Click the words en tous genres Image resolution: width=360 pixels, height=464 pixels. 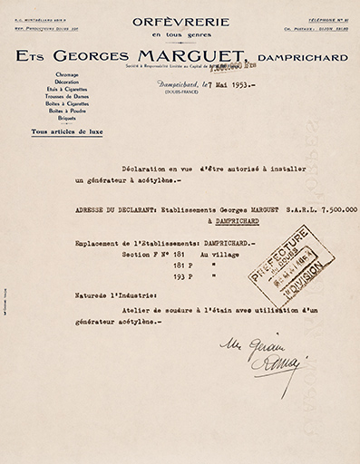click(x=180, y=34)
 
